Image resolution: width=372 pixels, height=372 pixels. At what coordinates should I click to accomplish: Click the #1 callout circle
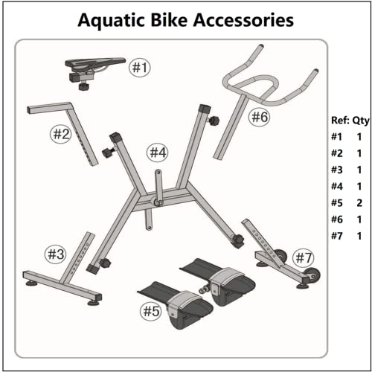141,68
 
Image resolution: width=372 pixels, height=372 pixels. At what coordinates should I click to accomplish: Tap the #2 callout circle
60,135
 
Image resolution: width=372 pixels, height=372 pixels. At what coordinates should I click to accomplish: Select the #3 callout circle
57,253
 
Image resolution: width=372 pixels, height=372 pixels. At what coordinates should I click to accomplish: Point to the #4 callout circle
158,153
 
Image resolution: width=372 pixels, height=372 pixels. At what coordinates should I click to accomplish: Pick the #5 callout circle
151,311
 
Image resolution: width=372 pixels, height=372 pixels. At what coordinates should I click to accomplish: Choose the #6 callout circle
259,117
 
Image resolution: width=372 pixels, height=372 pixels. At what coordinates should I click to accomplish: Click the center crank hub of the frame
158,201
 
